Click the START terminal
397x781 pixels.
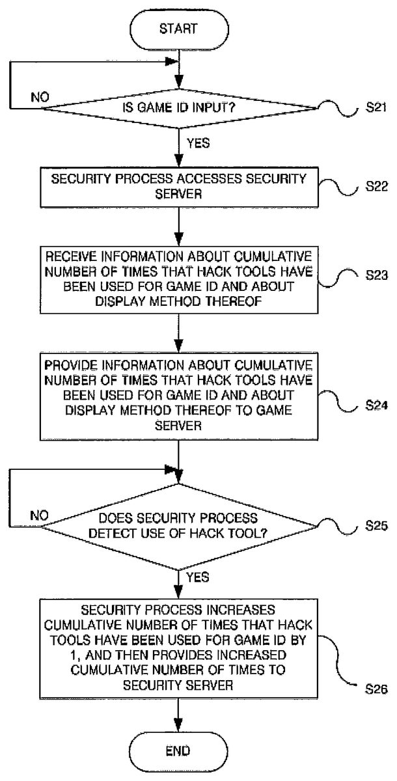[177, 29]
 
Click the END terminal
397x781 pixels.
[177, 750]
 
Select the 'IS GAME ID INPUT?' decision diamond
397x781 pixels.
[177, 108]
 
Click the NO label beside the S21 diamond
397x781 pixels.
[40, 98]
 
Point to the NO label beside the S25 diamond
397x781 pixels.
[40, 515]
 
